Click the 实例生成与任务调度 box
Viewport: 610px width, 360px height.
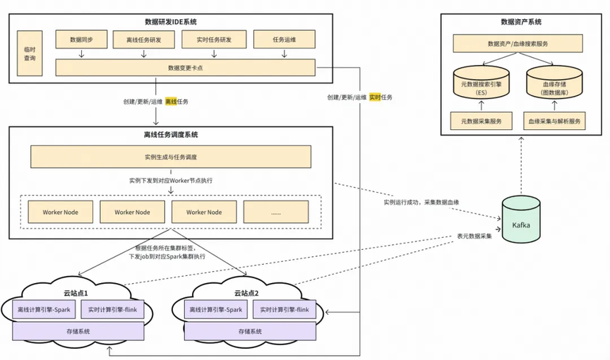tap(170, 156)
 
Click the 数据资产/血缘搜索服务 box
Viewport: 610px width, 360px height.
tap(518, 44)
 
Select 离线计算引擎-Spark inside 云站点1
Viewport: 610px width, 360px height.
tap(44, 309)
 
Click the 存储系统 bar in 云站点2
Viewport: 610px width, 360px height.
tap(249, 331)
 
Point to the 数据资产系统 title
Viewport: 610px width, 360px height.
tap(518, 21)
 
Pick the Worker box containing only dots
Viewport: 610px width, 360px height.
tap(275, 212)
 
